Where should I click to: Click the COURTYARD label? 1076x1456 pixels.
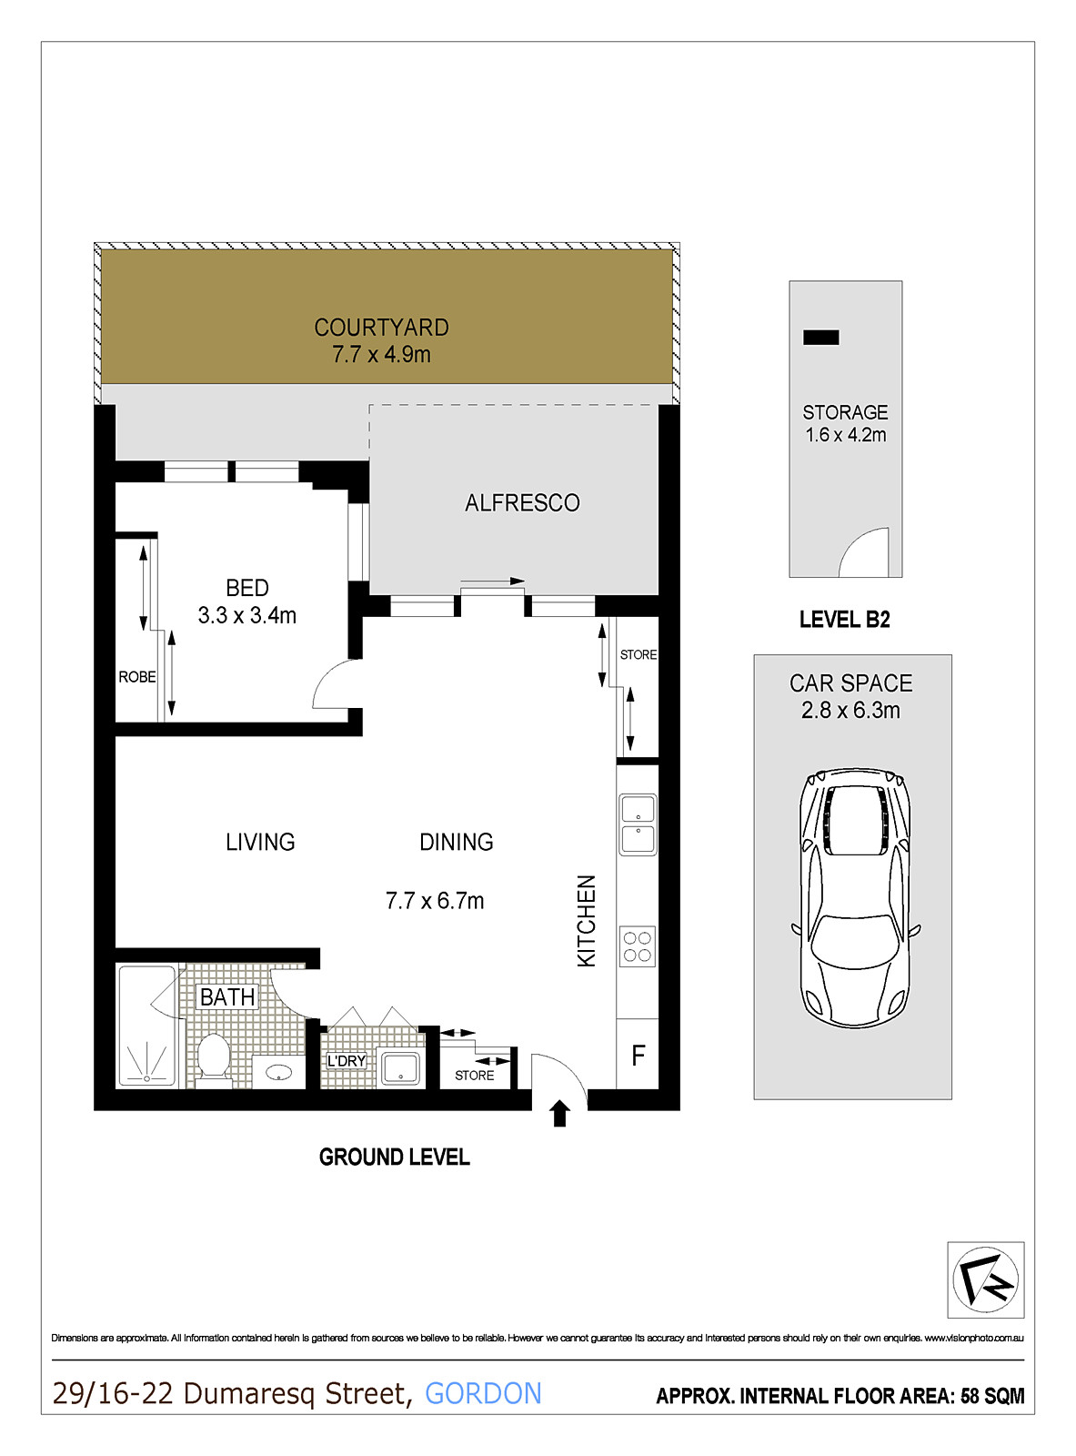click(381, 327)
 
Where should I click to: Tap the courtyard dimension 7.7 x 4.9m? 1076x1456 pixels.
click(381, 355)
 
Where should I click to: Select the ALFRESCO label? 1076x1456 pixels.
click(522, 503)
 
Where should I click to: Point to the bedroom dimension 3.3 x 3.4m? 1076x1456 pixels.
click(247, 615)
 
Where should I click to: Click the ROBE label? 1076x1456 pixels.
click(137, 677)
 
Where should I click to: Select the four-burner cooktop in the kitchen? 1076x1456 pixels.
click(637, 946)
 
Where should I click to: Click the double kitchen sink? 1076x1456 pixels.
click(638, 824)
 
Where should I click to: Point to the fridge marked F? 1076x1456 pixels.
click(638, 1055)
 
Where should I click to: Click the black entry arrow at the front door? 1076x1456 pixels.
click(559, 1114)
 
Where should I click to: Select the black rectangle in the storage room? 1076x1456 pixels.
click(820, 338)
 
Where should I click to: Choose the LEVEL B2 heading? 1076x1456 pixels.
click(844, 619)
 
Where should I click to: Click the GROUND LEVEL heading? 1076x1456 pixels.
click(395, 1157)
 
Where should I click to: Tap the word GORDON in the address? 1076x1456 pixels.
click(484, 1393)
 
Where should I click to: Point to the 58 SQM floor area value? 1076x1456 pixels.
click(992, 1396)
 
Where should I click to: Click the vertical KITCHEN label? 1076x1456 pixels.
click(586, 921)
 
